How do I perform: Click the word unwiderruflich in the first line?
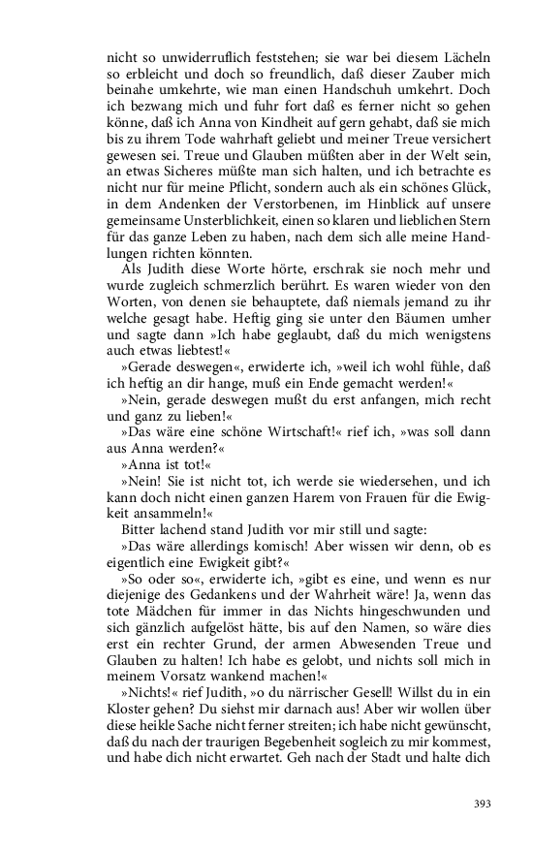(193, 57)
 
